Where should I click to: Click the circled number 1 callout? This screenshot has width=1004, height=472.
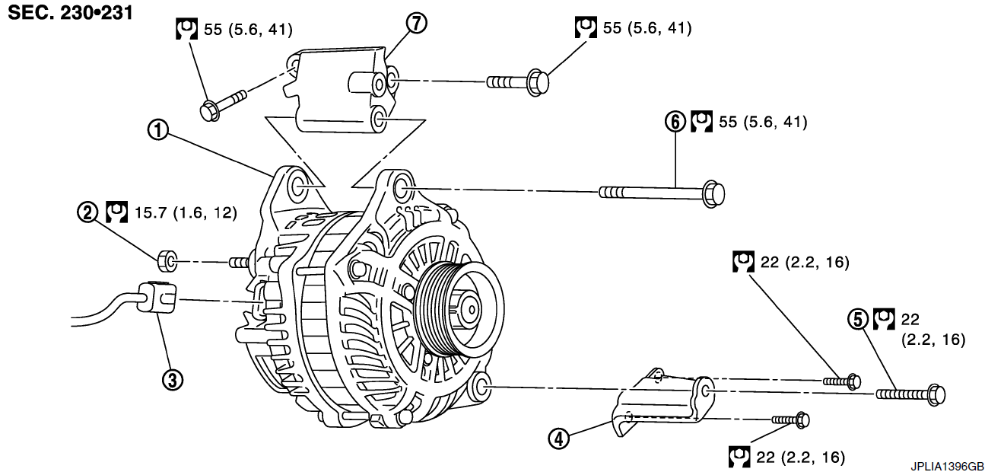(x=157, y=130)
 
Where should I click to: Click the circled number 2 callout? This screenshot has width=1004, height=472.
(x=87, y=212)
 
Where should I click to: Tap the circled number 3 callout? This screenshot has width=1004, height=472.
(x=173, y=380)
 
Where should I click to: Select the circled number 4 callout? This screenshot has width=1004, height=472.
(x=559, y=439)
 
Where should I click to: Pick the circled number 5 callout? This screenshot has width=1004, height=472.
(x=858, y=320)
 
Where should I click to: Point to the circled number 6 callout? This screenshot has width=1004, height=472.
(x=675, y=122)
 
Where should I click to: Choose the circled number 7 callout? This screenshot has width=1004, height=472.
(x=416, y=24)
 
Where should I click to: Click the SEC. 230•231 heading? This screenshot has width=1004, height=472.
(x=71, y=12)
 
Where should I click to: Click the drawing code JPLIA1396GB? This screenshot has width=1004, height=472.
(x=948, y=466)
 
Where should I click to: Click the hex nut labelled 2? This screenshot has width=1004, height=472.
(x=167, y=260)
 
